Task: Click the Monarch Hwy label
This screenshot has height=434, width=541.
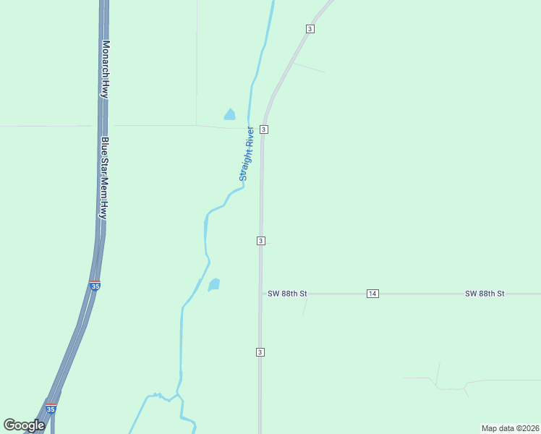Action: pyautogui.click(x=106, y=69)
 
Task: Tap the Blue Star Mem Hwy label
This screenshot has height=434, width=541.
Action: pyautogui.click(x=104, y=178)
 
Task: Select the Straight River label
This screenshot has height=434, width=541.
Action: pyautogui.click(x=247, y=153)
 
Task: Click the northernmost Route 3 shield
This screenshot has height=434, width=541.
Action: pyautogui.click(x=310, y=28)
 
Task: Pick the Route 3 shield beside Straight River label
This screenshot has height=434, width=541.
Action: pyautogui.click(x=265, y=129)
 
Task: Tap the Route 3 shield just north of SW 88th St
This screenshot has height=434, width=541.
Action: pyautogui.click(x=260, y=240)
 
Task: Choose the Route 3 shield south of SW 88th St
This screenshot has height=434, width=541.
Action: pyautogui.click(x=259, y=352)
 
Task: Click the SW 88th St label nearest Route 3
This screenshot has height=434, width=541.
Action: pyautogui.click(x=287, y=294)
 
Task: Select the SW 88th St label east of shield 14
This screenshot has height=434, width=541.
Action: pyautogui.click(x=485, y=294)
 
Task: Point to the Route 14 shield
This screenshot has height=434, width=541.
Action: pyautogui.click(x=372, y=293)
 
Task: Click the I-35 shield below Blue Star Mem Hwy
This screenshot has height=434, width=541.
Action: pyautogui.click(x=95, y=286)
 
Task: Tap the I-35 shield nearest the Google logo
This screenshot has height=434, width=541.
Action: pyautogui.click(x=51, y=409)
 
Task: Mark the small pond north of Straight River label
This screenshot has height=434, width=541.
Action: pyautogui.click(x=230, y=114)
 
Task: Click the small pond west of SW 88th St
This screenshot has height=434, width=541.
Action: pyautogui.click(x=214, y=285)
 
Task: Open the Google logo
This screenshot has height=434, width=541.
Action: pyautogui.click(x=24, y=425)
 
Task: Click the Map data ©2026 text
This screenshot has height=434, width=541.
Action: pyautogui.click(x=510, y=428)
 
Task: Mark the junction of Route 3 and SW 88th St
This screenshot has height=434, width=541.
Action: pyautogui.click(x=261, y=294)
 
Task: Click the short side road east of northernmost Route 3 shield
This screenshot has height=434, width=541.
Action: pyautogui.click(x=309, y=68)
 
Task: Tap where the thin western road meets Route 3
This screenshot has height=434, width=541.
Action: pyautogui.click(x=263, y=129)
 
